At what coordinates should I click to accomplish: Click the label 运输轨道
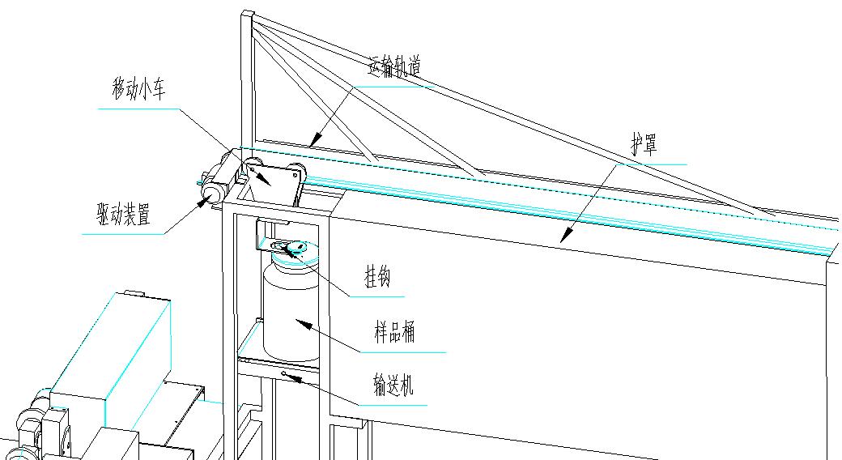(395, 67)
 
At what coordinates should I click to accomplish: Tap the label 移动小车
(138, 90)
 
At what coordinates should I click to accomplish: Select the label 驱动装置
(122, 215)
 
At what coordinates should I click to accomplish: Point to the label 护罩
(644, 146)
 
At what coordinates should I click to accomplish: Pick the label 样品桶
(394, 333)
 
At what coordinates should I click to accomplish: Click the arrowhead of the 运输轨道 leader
(313, 144)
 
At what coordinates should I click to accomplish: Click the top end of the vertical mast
(247, 14)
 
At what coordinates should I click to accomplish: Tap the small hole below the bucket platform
(285, 373)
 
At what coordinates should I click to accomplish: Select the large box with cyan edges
(113, 340)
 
